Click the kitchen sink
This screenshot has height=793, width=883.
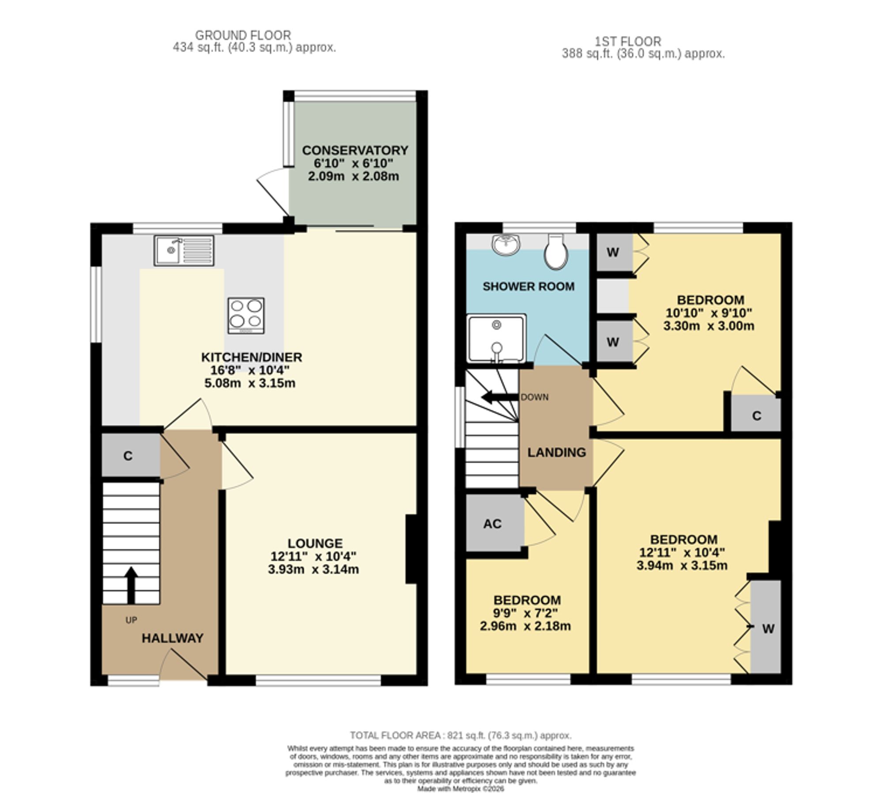[x=184, y=250]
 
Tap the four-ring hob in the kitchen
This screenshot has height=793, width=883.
[x=246, y=315]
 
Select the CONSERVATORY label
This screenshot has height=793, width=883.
[x=355, y=150]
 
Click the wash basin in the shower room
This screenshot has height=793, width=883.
[x=506, y=244]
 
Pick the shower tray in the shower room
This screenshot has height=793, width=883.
[x=497, y=338]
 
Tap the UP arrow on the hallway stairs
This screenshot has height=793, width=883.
[x=131, y=585]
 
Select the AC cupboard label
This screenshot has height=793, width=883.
[x=492, y=524]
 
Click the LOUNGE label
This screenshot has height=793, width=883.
[x=315, y=543]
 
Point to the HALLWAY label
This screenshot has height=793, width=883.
[x=173, y=638]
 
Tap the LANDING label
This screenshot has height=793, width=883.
[x=557, y=452]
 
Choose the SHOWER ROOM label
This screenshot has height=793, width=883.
[x=528, y=287]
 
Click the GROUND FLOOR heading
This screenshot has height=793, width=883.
[x=243, y=35]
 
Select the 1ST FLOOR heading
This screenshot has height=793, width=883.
[x=628, y=42]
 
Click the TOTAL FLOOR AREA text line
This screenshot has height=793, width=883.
[x=460, y=736]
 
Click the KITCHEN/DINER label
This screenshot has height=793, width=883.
[x=252, y=357]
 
